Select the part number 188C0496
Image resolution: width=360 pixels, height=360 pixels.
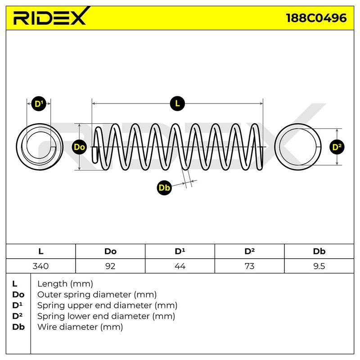point(316,18)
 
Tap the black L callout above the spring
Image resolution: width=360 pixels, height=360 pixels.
point(177,103)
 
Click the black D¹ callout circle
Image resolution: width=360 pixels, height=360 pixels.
point(39,104)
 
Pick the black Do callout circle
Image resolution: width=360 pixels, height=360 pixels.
point(79,147)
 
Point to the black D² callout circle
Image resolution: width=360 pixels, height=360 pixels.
point(337,147)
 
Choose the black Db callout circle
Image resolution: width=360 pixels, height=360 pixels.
point(164,188)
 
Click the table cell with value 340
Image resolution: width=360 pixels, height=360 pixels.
point(40,266)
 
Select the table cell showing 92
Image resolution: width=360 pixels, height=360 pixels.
point(110,266)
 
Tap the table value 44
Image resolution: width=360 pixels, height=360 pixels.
point(180,266)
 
